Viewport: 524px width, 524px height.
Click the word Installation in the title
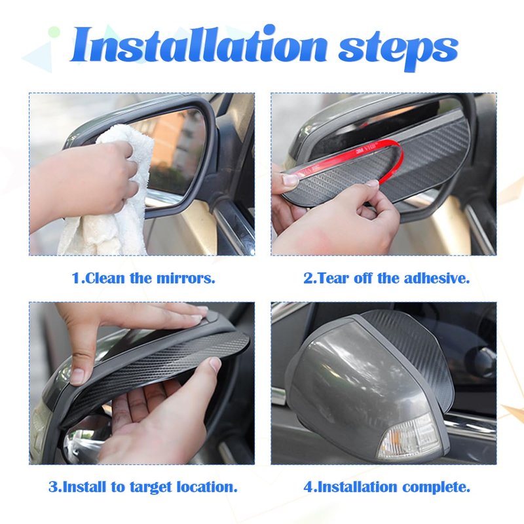[198, 45]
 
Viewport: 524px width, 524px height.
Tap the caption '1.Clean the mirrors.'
[143, 278]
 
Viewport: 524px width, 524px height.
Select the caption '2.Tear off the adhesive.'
[386, 278]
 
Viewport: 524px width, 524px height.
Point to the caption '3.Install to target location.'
[143, 487]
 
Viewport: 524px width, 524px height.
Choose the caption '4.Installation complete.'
[386, 487]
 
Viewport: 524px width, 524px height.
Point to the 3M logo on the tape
[360, 151]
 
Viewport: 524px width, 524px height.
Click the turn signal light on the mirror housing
[408, 437]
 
